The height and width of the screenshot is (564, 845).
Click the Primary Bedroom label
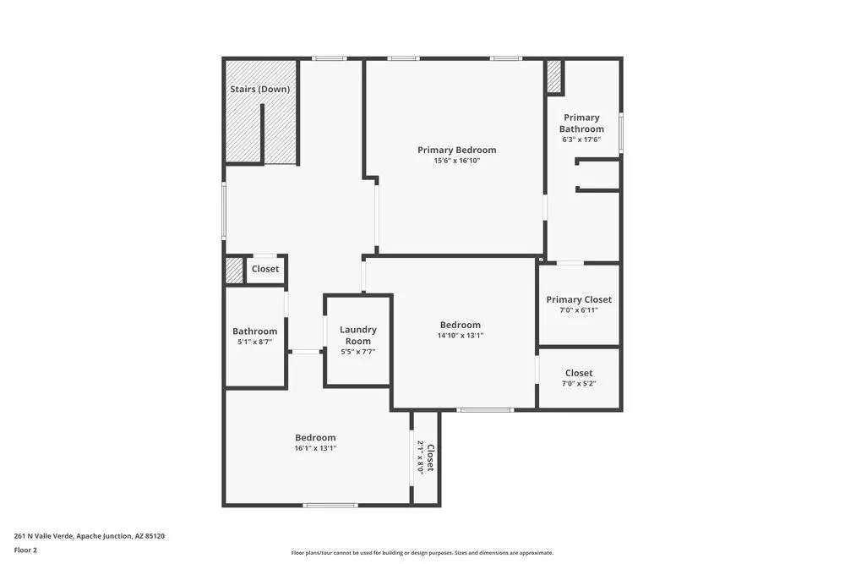click(456, 150)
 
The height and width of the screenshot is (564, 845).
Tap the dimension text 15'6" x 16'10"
click(456, 161)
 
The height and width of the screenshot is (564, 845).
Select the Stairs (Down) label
click(260, 89)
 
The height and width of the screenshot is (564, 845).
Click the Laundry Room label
click(358, 335)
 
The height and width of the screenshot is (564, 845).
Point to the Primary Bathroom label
click(581, 123)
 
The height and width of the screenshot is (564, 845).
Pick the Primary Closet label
click(579, 299)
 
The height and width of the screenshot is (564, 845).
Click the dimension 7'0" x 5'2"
click(579, 384)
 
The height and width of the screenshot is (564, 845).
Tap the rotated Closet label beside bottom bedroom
click(430, 457)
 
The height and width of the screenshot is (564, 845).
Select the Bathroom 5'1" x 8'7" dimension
click(254, 342)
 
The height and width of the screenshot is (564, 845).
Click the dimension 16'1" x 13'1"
click(315, 448)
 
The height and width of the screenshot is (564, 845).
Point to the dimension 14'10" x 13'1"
click(460, 336)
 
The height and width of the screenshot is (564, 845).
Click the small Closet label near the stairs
click(264, 269)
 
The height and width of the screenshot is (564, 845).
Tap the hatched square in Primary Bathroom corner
click(554, 77)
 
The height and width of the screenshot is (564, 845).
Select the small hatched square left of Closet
click(234, 270)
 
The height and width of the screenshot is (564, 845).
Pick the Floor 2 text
click(25, 550)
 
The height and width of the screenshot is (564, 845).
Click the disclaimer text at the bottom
click(422, 552)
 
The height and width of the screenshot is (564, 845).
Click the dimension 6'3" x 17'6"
click(581, 140)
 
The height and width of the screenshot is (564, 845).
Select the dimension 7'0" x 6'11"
click(579, 310)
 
